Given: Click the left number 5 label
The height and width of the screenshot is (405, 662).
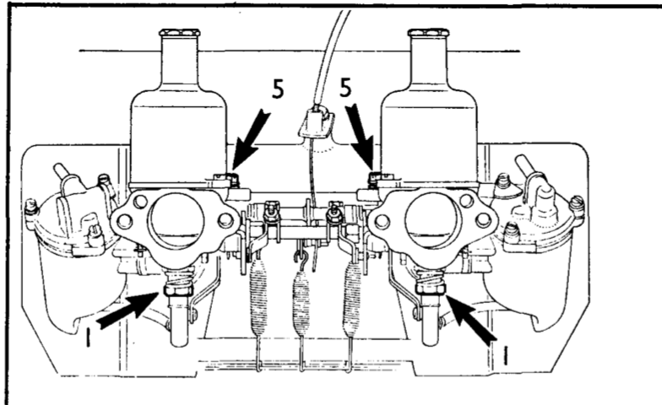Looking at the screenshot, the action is point(277,89).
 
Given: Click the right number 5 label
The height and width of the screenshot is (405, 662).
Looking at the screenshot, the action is point(345,88).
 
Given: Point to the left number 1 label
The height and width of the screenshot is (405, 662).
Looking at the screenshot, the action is point(88,337).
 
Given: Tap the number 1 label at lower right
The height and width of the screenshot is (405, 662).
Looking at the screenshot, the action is point(506,355).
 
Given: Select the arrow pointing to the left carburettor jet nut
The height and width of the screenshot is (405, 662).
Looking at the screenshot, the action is point(128,309).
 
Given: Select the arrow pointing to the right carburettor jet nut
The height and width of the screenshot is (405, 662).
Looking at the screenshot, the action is point(471,319).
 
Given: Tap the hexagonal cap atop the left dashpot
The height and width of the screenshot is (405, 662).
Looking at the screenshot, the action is point(179,33).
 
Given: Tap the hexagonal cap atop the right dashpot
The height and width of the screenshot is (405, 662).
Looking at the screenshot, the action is point(429,33).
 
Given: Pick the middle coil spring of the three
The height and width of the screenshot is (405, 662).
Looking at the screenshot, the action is point(301,303).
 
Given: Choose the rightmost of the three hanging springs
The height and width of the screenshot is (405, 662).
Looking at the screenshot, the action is point(352,299).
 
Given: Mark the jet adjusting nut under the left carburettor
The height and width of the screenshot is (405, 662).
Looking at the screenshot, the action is point(177,289).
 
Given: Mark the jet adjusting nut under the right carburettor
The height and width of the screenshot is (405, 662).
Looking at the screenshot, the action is point(431,289).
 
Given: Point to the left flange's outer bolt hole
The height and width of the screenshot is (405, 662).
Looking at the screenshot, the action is point(124,219).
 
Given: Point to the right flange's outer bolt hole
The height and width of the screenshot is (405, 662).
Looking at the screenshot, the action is point(483,219).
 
